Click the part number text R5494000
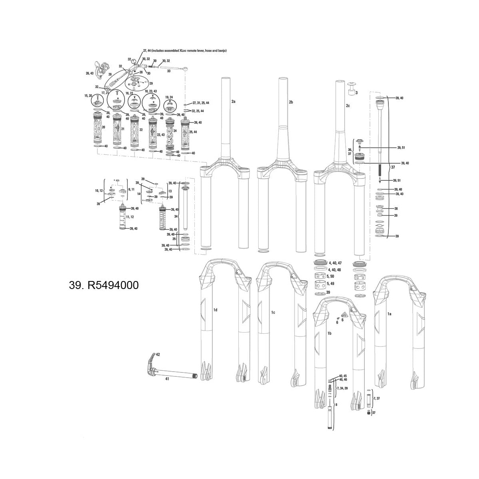pyautogui.click(x=104, y=286)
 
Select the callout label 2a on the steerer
pyautogui.click(x=234, y=102)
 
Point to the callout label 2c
pyautogui.click(x=348, y=106)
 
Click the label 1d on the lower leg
pyautogui.click(x=215, y=310)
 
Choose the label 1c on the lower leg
pyautogui.click(x=273, y=312)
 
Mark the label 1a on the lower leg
pyautogui.click(x=390, y=314)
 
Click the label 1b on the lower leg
pyautogui.click(x=330, y=333)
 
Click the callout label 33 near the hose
pyautogui.click(x=169, y=71)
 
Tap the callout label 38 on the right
pyautogui.click(x=396, y=209)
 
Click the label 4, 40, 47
pyautogui.click(x=335, y=263)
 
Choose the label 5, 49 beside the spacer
pyautogui.click(x=331, y=283)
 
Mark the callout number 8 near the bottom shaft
pyautogui.click(x=336, y=405)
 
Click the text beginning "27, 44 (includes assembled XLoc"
pyautogui.click(x=184, y=51)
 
